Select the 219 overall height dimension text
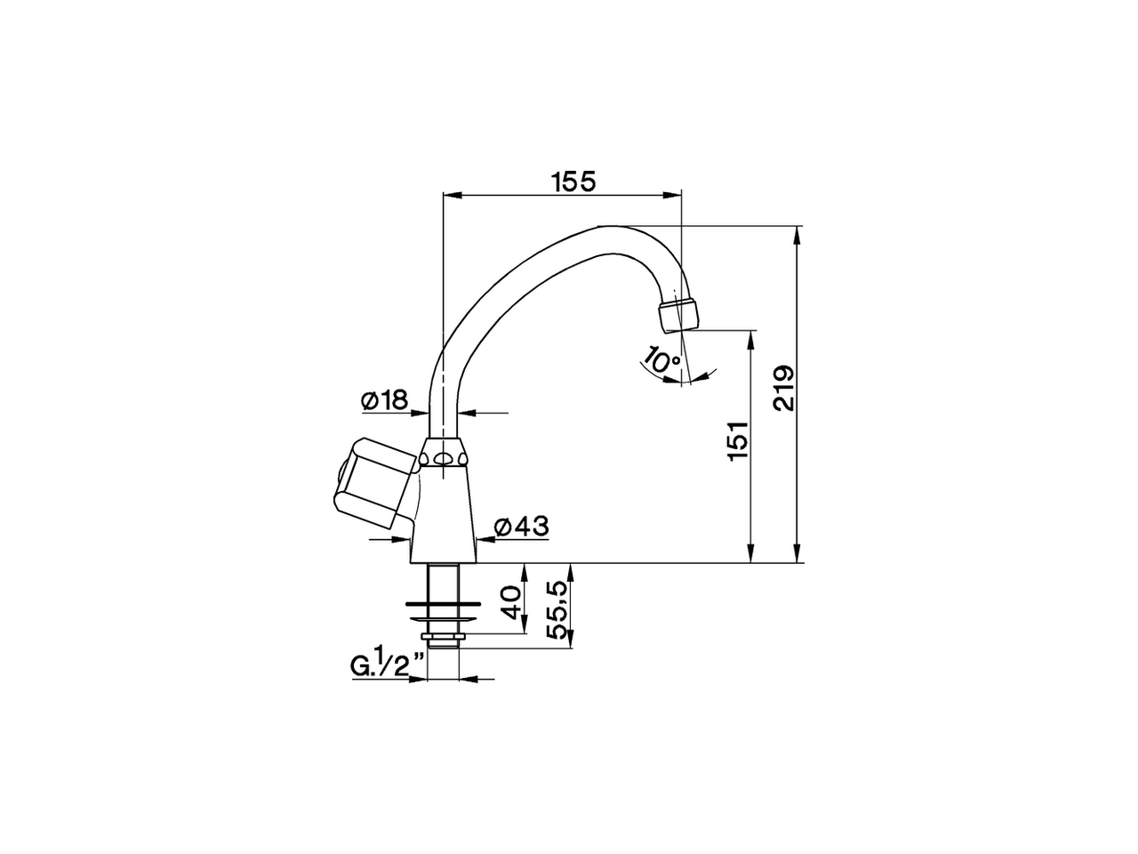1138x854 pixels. click(x=783, y=389)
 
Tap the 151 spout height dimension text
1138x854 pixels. click(x=738, y=439)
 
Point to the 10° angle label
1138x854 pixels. click(x=661, y=361)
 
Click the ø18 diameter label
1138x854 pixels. click(x=384, y=401)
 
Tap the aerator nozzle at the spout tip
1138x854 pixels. click(x=678, y=314)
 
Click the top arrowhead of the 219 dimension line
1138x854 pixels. click(x=797, y=233)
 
